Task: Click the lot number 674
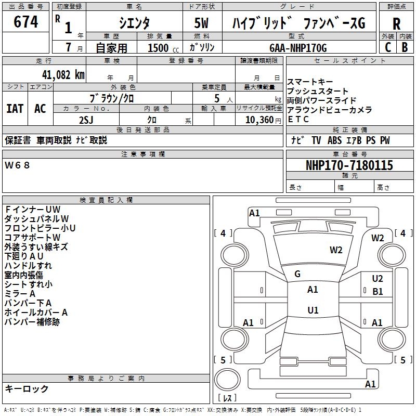(x=25, y=22)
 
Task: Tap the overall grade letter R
(x=396, y=24)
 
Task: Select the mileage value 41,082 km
(x=63, y=75)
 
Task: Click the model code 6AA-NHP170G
(x=298, y=48)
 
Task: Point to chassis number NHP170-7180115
(x=349, y=165)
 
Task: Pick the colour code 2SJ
(x=86, y=120)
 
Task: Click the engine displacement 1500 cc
(x=163, y=48)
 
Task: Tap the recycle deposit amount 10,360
(x=259, y=120)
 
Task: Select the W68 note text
(x=17, y=165)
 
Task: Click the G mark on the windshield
(x=297, y=274)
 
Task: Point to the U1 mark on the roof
(x=313, y=310)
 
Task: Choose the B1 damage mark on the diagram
(x=378, y=292)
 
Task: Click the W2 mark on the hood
(x=336, y=250)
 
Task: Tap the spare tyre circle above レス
(x=227, y=380)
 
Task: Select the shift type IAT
(x=15, y=109)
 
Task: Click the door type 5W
(x=201, y=23)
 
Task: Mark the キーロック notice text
(x=27, y=389)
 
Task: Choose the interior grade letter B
(x=405, y=47)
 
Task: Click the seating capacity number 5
(x=217, y=98)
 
